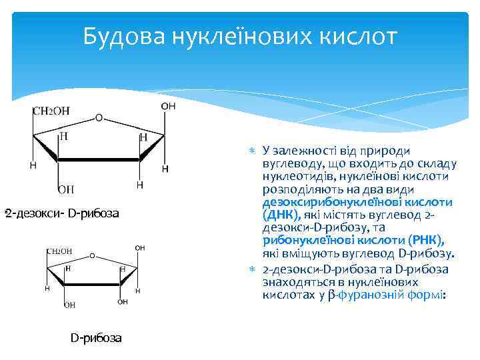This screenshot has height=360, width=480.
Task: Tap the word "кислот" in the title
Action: click(353, 37)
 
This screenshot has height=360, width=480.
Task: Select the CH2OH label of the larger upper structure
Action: click(51, 111)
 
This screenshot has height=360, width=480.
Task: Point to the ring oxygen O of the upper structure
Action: click(99, 118)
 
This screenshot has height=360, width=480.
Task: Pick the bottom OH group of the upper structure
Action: click(66, 190)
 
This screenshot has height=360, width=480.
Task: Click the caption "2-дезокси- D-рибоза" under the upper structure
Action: click(62, 213)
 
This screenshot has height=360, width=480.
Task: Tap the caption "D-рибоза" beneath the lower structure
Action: click(96, 338)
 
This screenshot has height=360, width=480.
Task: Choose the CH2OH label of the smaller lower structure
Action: click(59, 251)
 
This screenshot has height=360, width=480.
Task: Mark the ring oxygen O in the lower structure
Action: click(91, 255)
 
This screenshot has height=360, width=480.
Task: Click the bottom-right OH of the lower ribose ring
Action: click(123, 302)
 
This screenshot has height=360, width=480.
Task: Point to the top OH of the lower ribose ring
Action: click(140, 248)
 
